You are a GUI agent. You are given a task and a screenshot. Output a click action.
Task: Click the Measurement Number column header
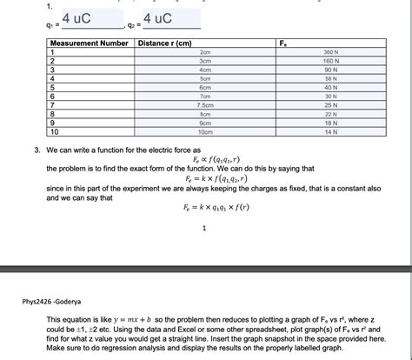click(x=90, y=43)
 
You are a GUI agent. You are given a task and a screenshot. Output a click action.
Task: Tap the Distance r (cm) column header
click(x=164, y=43)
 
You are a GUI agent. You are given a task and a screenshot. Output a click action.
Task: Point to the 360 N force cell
click(x=329, y=53)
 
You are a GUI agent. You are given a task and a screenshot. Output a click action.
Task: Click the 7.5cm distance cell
click(x=205, y=104)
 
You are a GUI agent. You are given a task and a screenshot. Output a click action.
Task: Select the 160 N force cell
click(x=329, y=62)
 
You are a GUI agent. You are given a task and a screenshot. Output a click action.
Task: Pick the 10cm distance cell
click(x=205, y=131)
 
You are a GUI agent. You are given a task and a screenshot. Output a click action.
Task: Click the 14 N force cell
click(x=329, y=131)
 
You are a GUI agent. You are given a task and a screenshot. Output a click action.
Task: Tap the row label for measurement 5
click(x=54, y=87)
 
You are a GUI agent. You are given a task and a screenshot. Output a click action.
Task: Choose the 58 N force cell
click(x=329, y=78)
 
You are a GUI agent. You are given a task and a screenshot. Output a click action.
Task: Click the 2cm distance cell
click(x=205, y=53)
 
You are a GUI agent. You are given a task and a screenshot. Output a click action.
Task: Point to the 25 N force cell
click(x=329, y=104)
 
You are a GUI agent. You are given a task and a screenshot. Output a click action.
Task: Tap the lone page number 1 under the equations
click(x=203, y=230)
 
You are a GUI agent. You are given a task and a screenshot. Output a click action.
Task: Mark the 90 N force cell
click(x=329, y=70)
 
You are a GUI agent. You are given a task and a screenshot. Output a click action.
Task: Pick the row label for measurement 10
click(x=56, y=131)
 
